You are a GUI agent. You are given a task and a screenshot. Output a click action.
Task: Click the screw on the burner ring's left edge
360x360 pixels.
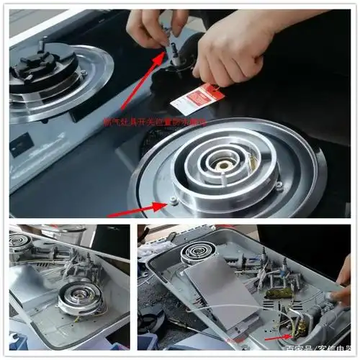point(173,201)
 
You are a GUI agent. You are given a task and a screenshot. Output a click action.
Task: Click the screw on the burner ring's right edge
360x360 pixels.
point(279,186)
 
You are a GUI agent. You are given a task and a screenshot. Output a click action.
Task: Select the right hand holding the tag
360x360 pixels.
point(230,50)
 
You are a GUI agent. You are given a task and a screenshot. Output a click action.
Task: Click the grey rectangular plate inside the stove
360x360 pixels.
point(216,289)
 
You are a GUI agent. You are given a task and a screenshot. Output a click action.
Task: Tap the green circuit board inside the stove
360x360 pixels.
point(279,293)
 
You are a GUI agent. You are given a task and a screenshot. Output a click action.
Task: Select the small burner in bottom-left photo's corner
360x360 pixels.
point(20,241)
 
